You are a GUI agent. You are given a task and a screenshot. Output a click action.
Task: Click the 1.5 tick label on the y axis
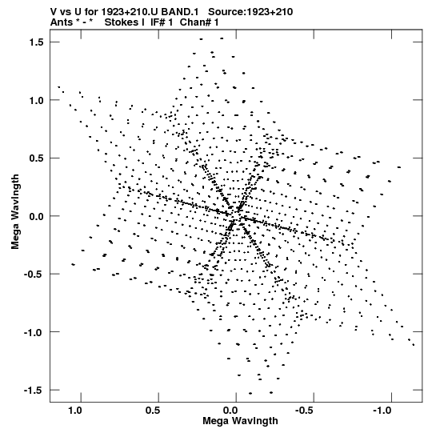(36, 42)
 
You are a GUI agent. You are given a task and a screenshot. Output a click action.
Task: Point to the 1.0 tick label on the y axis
(36, 101)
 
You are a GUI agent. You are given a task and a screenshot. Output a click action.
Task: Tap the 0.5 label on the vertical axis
(36, 158)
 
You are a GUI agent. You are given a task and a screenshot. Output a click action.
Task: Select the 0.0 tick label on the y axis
(36, 216)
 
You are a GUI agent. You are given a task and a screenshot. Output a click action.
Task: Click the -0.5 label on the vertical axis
(34, 275)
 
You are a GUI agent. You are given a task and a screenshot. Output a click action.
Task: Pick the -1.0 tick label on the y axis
(34, 332)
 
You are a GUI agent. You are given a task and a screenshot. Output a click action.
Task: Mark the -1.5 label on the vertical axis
(34, 391)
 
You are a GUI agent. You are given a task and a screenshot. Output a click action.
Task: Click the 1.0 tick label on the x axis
(75, 411)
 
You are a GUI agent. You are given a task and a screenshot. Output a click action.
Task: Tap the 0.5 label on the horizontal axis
(153, 411)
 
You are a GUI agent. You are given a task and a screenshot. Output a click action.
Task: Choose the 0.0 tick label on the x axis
(230, 411)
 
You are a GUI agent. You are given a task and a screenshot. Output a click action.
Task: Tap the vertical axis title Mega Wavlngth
(15, 212)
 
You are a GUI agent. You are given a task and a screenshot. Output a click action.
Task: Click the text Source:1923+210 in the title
(250, 12)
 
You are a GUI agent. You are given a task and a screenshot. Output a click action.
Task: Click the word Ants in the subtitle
(62, 22)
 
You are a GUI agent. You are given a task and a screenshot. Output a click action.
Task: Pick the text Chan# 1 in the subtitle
(199, 22)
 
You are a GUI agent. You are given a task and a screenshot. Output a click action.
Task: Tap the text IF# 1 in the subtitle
(162, 22)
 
